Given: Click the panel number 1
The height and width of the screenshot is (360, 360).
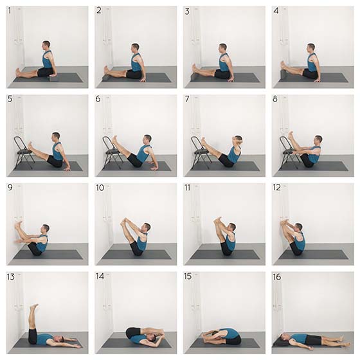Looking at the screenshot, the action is tap(10, 10).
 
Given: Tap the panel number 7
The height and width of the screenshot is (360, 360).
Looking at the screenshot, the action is tap(187, 99).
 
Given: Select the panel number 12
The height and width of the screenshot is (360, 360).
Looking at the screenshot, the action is tap(276, 188).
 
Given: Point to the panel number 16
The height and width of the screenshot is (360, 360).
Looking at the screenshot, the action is tap(277, 277).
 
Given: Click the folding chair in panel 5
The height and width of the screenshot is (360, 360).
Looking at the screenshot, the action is tap(24, 152).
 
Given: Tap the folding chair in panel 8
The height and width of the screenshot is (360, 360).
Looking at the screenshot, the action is tap(288, 152).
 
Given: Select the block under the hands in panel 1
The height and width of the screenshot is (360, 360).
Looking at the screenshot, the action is tap(53, 78).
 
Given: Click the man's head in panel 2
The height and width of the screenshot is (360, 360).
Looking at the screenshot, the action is tap(136, 48).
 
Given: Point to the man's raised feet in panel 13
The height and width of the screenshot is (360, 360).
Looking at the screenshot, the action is tap(34, 307).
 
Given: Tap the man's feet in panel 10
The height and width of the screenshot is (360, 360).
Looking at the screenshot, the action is tap(124, 222).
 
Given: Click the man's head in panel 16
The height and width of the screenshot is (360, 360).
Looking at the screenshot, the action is tap(283, 337).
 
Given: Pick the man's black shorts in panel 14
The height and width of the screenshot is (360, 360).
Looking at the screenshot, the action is tap(132, 332).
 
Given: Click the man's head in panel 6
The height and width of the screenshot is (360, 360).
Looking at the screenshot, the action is tap(147, 139).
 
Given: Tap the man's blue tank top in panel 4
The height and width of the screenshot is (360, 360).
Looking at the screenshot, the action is tap(312, 63).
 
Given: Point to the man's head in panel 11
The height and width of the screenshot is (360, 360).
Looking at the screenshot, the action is tap(232, 228).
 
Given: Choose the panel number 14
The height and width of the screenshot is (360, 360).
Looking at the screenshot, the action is tap(100, 276).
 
